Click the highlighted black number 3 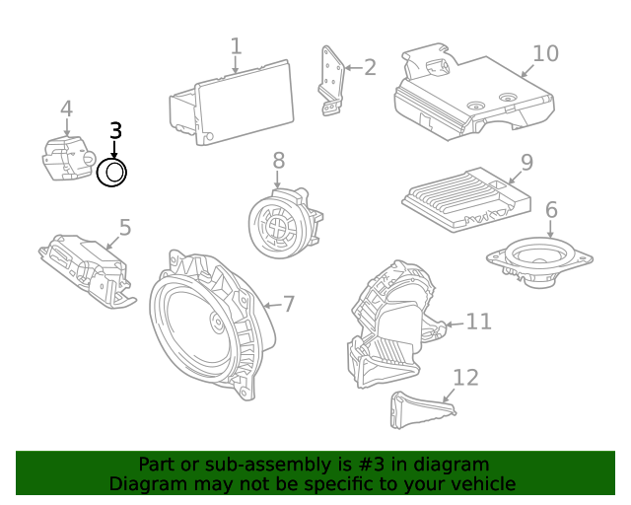pos(115,131)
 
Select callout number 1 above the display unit pos(236,46)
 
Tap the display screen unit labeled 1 pos(232,104)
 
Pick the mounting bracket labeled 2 pos(332,81)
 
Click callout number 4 pos(66,108)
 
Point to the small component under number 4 pos(68,158)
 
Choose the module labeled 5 pos(88,271)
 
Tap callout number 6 pos(551,210)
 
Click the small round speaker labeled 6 pos(539,261)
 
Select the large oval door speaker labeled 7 pos(212,325)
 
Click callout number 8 pos(278,160)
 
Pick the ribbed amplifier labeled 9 pos(466,200)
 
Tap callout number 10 pos(545,53)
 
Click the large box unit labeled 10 pos(473,92)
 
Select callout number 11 pos(478,322)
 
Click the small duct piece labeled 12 pos(422,409)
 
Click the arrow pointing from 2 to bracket pos(353,68)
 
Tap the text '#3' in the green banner pos(371,465)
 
